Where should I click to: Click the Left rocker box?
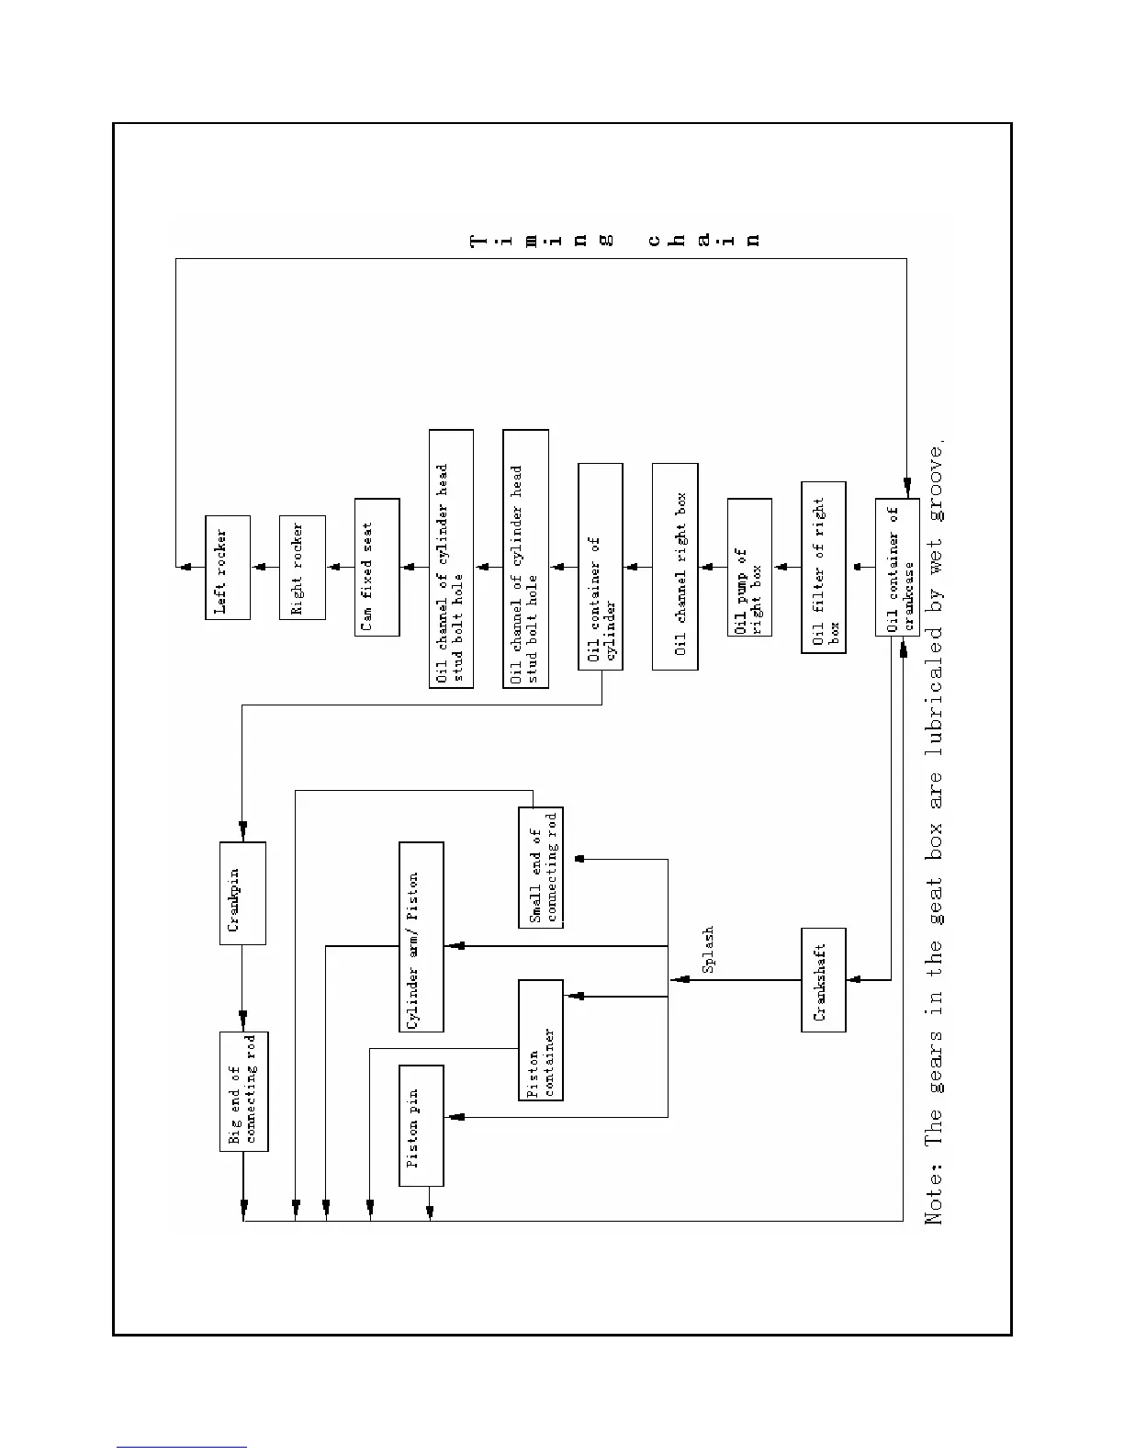[x=228, y=568]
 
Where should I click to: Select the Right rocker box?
[x=302, y=568]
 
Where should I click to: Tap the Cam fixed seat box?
[x=377, y=567]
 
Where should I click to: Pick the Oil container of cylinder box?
[x=601, y=567]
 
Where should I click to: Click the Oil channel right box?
[x=675, y=567]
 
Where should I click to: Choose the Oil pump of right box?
[x=749, y=567]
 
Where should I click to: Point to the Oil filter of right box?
[x=824, y=567]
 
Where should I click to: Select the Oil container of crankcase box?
[x=898, y=567]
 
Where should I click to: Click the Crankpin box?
[x=243, y=893]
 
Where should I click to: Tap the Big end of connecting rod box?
[x=243, y=1091]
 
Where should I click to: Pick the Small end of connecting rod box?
[x=541, y=867]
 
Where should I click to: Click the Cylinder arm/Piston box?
[x=421, y=937]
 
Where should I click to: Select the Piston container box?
[x=541, y=1040]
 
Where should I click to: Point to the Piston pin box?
[x=421, y=1125]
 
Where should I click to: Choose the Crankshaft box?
[x=824, y=980]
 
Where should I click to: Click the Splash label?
[x=708, y=950]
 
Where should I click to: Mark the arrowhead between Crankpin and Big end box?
[x=243, y=1019]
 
